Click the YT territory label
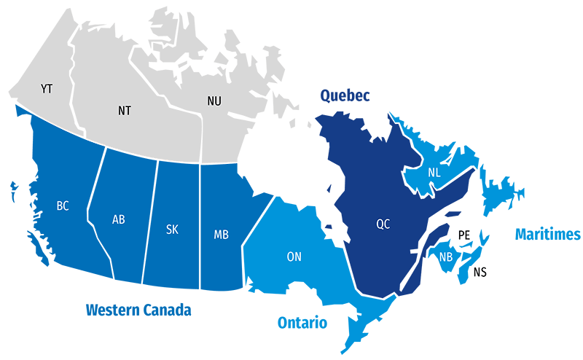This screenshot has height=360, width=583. tap(47, 89)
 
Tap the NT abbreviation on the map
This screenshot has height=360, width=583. tap(125, 111)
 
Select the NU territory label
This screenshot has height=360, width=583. tap(214, 101)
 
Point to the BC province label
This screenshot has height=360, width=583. tap(63, 206)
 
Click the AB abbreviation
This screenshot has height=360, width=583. tap(119, 219)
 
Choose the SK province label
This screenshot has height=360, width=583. tap(172, 230)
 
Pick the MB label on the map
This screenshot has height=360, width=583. tap(222, 235)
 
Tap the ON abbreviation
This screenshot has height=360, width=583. tap(294, 257)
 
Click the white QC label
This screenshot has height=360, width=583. tap(383, 224)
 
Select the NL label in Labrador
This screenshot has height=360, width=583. tap(434, 173)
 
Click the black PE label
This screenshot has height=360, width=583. tap(464, 235)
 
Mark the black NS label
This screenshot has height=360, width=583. tap(480, 273)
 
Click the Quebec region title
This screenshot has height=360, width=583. tap(345, 95)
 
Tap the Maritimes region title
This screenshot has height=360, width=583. tap(547, 235)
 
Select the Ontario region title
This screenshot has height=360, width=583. tap(302, 323)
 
